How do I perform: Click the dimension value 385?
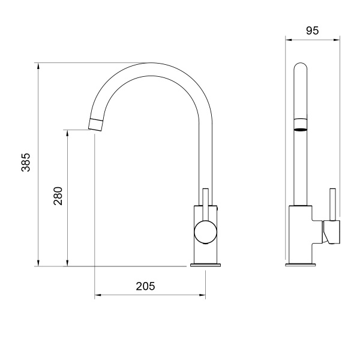(x=26, y=163)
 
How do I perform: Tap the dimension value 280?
(x=58, y=196)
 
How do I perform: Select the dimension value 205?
(x=145, y=286)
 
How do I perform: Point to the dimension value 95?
(x=312, y=31)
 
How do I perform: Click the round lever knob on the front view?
(x=205, y=232)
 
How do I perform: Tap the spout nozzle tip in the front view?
(x=95, y=125)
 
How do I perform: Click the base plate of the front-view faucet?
(x=205, y=265)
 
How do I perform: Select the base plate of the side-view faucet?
(x=301, y=265)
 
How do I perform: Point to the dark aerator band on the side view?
(x=301, y=130)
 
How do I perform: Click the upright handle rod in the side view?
(x=332, y=205)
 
